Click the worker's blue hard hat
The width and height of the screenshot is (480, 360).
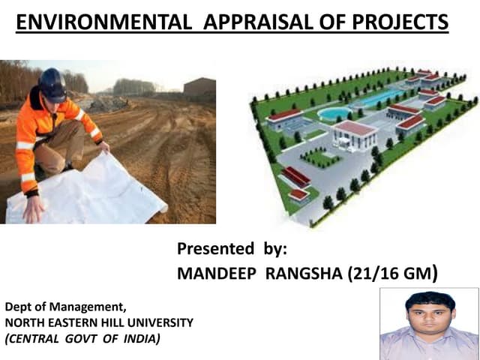[52, 83]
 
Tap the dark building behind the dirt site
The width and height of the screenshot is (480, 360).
[199, 88]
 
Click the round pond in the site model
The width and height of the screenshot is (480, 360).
[334, 113]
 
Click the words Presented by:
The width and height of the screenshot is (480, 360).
[232, 248]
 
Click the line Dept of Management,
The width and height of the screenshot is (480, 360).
[66, 307]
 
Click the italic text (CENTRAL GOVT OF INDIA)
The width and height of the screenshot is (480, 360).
[82, 338]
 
